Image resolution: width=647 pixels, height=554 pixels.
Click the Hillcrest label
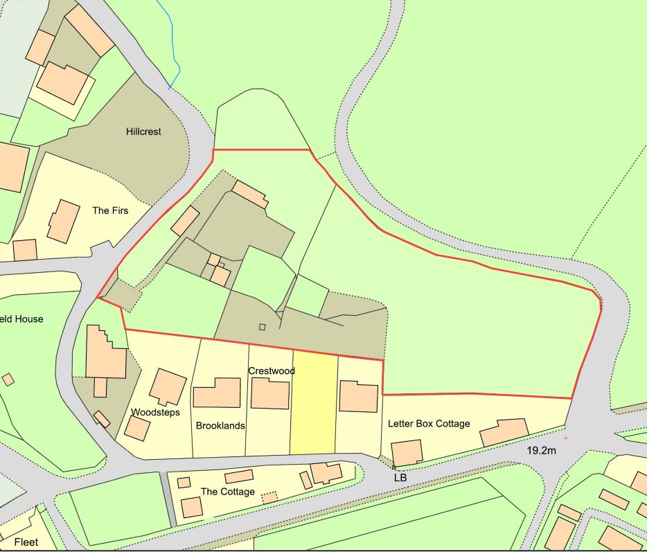click(x=143, y=131)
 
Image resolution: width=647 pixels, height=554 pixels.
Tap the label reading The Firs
click(x=111, y=210)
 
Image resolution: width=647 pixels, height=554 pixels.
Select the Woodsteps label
click(x=155, y=412)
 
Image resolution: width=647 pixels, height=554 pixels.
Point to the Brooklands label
click(x=220, y=426)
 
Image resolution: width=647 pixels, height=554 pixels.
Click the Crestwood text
click(x=272, y=371)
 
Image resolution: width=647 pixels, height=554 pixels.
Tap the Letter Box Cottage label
click(x=429, y=424)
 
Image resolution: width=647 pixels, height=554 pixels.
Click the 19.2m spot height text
click(x=542, y=450)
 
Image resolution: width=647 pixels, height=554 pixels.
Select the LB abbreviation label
click(x=400, y=478)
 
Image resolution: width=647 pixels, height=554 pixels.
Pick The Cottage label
click(x=228, y=492)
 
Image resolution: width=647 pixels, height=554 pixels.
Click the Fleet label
click(x=26, y=542)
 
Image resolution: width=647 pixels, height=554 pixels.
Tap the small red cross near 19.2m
click(x=566, y=438)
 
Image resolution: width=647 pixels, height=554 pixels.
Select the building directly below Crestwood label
click(x=269, y=393)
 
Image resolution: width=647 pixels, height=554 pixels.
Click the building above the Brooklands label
click(x=217, y=393)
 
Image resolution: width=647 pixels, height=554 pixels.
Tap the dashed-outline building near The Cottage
click(x=269, y=497)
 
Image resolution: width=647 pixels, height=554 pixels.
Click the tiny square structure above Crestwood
click(x=262, y=327)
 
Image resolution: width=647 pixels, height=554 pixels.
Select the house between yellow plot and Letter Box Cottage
click(x=358, y=396)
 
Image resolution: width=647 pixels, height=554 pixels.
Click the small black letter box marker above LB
click(x=393, y=468)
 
